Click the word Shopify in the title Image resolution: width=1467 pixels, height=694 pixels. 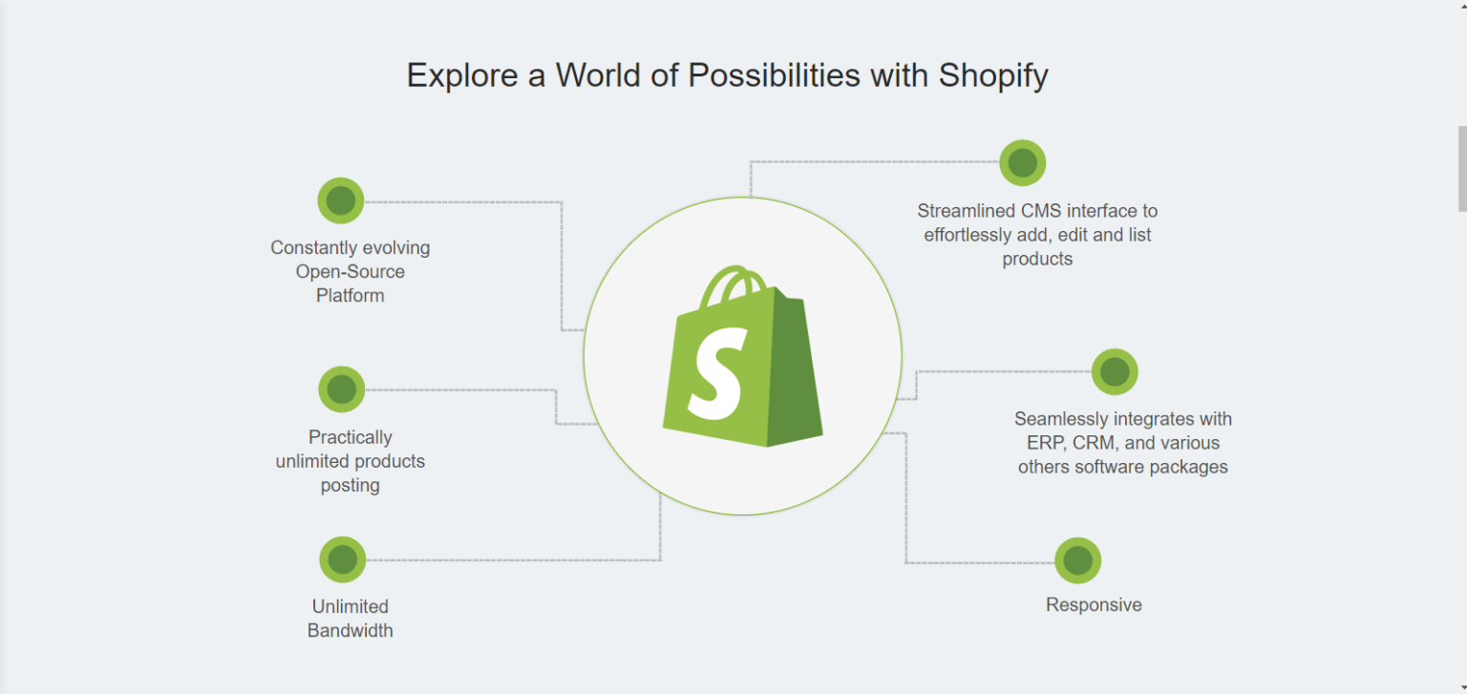pyautogui.click(x=993, y=76)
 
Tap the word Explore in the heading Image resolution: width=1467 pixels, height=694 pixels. pyautogui.click(x=462, y=76)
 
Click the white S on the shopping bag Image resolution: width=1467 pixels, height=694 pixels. pyautogui.click(x=718, y=374)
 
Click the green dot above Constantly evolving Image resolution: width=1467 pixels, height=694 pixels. pyautogui.click(x=341, y=200)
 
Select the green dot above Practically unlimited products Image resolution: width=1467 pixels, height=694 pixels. pyautogui.click(x=341, y=389)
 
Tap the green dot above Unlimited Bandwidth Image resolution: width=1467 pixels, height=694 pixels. pyautogui.click(x=343, y=559)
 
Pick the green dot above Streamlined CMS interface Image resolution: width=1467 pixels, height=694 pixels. pyautogui.click(x=1022, y=163)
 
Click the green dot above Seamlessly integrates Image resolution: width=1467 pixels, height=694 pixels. pyautogui.click(x=1115, y=372)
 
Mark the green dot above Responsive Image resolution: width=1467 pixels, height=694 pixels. pyautogui.click(x=1078, y=560)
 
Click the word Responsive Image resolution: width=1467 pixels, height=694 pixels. pyautogui.click(x=1094, y=605)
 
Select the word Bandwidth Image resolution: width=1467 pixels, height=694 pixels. pyautogui.click(x=351, y=630)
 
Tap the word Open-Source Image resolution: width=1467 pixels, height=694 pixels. pyautogui.click(x=351, y=272)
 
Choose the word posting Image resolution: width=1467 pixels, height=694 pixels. pyautogui.click(x=351, y=486)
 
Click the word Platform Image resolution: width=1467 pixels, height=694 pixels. pyautogui.click(x=351, y=296)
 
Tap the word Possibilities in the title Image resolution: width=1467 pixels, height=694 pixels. pyautogui.click(x=774, y=76)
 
